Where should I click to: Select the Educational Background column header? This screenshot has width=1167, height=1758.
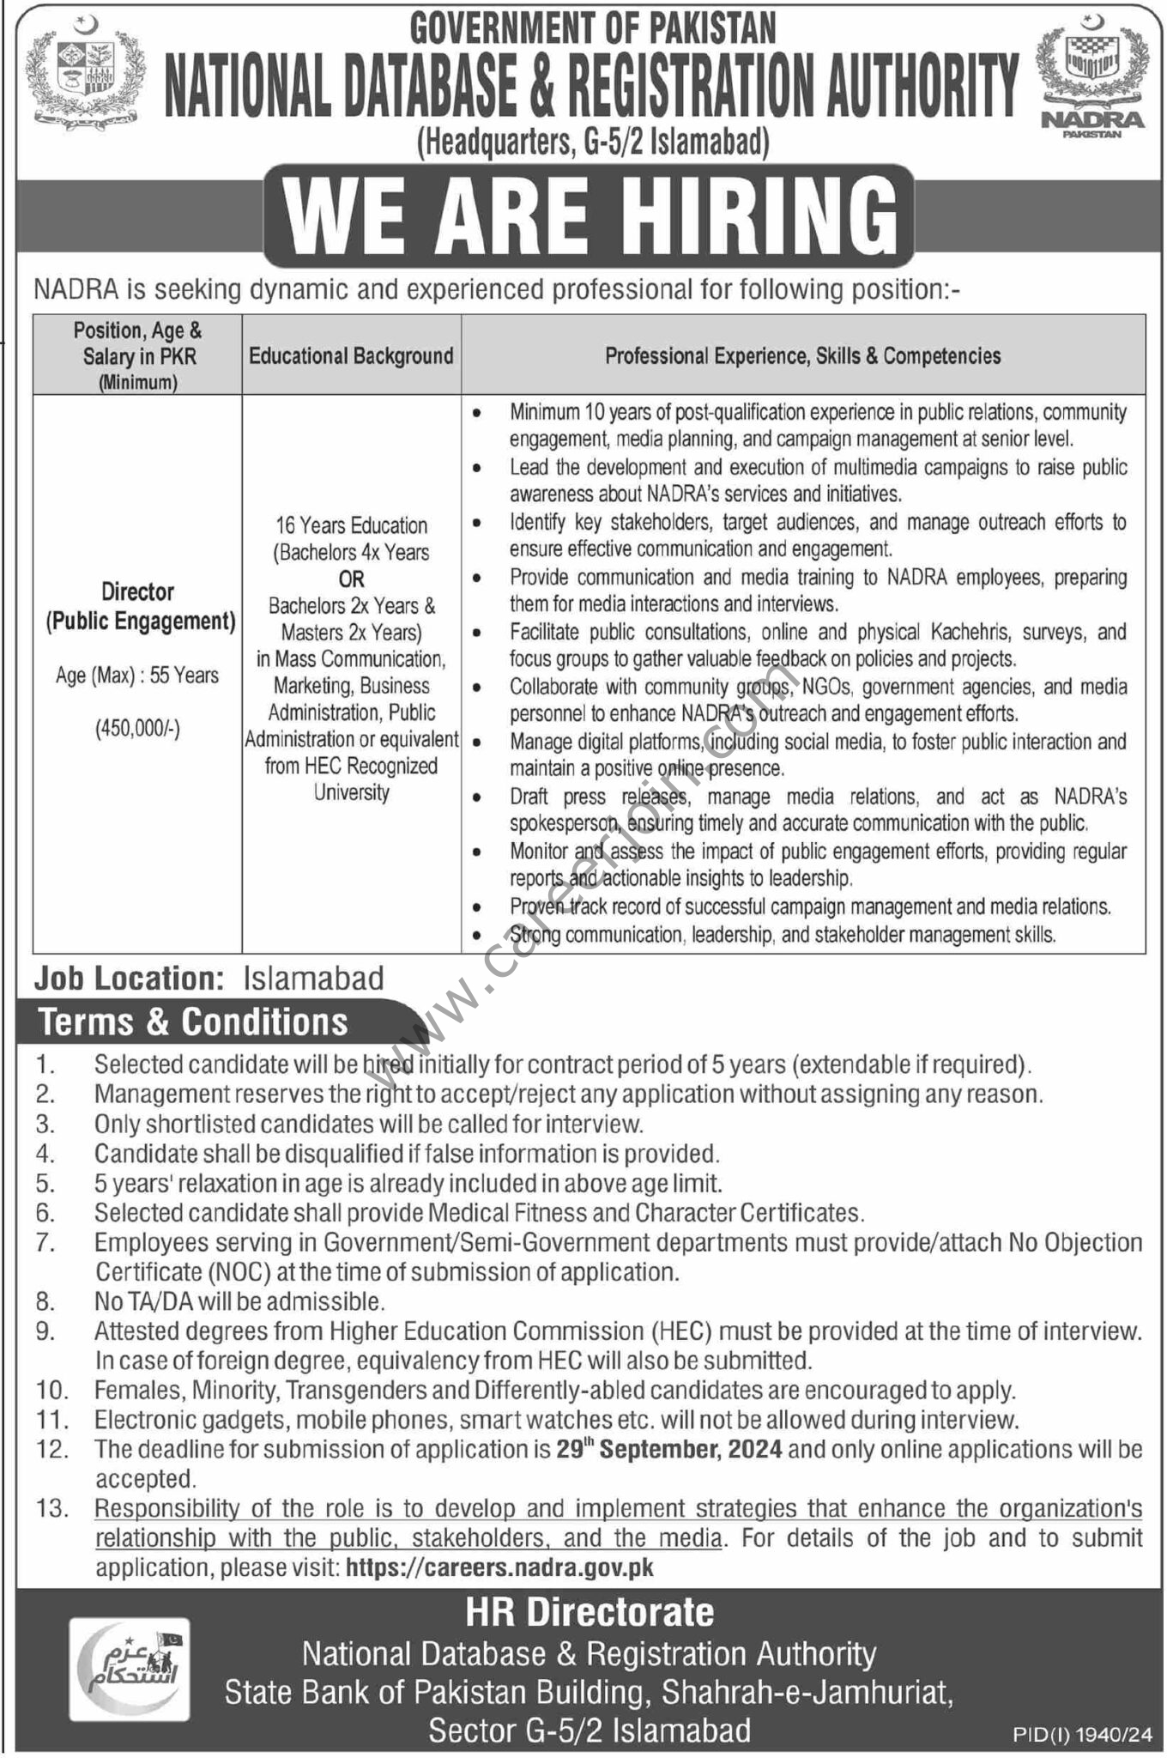351,355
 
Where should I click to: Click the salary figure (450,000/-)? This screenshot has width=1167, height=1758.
137,730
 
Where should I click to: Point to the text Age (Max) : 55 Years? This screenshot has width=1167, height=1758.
137,676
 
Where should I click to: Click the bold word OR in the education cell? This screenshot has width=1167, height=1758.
351,579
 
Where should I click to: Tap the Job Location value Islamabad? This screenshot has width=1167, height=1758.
313,978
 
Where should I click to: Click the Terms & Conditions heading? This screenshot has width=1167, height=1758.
193,1021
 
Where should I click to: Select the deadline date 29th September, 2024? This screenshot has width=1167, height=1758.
668,1449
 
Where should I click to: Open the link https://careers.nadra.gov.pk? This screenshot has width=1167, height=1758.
499,1567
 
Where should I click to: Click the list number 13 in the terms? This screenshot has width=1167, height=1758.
51,1508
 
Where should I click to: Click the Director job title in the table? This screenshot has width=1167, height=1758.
137,591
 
